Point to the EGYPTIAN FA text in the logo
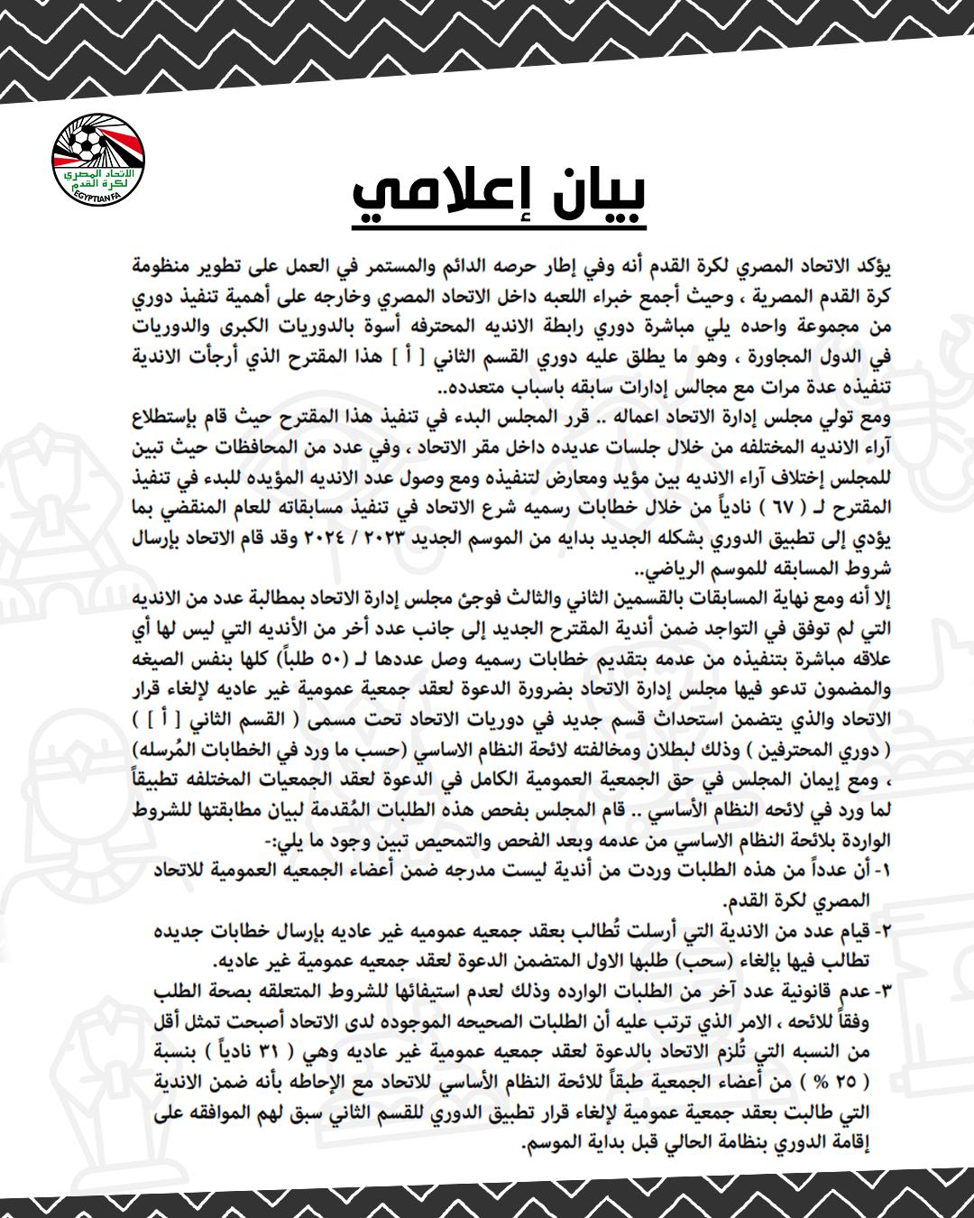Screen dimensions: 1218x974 [x=98, y=196]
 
